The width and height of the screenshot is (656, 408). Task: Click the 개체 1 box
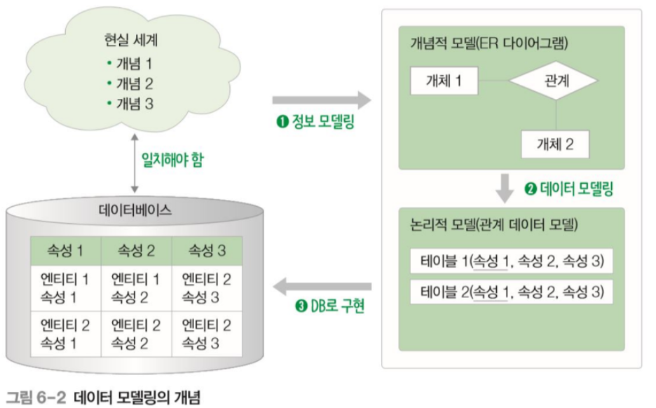(444, 81)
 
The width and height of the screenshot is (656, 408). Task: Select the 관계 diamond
(556, 81)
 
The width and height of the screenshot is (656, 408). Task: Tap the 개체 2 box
(555, 144)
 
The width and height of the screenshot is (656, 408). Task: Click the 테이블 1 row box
(511, 262)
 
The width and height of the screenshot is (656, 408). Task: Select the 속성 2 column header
(136, 251)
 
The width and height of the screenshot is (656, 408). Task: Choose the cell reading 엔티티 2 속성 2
(136, 334)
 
